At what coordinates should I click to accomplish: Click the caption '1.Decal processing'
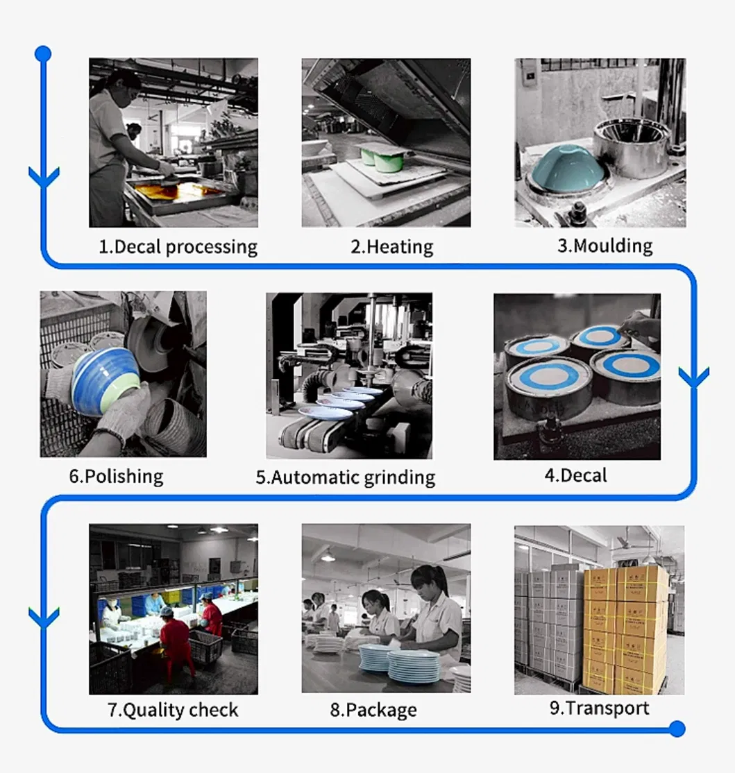pyautogui.click(x=178, y=247)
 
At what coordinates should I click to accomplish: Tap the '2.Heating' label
pyautogui.click(x=391, y=247)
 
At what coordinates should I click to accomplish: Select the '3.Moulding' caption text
pyautogui.click(x=605, y=246)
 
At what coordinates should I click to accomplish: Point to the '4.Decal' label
pyautogui.click(x=575, y=475)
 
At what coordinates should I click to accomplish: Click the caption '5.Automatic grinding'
pyautogui.click(x=346, y=477)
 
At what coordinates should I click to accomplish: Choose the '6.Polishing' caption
pyautogui.click(x=116, y=476)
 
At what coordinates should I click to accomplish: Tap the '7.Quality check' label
pyautogui.click(x=173, y=710)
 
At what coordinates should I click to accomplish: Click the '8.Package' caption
pyautogui.click(x=373, y=710)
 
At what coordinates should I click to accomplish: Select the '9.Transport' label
pyautogui.click(x=599, y=708)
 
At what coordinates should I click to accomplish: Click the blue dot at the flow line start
pyautogui.click(x=43, y=53)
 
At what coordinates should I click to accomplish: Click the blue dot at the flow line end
pyautogui.click(x=677, y=729)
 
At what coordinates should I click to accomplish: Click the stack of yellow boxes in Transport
pyautogui.click(x=625, y=628)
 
